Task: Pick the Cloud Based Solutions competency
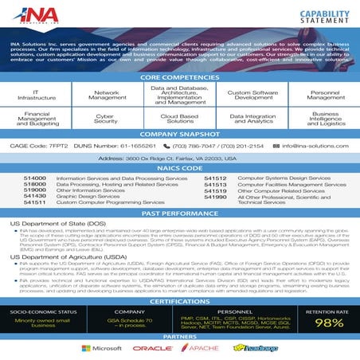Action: tap(179, 119)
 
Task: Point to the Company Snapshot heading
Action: tap(179, 134)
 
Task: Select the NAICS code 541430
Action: tap(35, 196)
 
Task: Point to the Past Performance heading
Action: tap(179, 214)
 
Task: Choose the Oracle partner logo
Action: tap(152, 348)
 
